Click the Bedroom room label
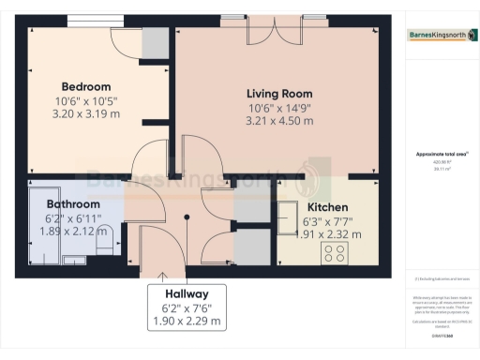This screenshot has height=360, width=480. (85, 87)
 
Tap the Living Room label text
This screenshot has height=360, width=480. (279, 94)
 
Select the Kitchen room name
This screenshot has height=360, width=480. (327, 206)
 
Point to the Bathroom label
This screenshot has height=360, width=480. (73, 203)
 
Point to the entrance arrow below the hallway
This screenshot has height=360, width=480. (165, 277)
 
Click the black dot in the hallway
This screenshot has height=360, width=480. (187, 217)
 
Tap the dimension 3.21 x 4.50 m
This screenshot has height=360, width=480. (279, 120)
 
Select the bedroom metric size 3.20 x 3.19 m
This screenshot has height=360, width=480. (85, 113)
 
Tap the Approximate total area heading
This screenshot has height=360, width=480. (438, 154)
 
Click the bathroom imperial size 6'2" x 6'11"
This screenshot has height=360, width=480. (73, 217)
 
